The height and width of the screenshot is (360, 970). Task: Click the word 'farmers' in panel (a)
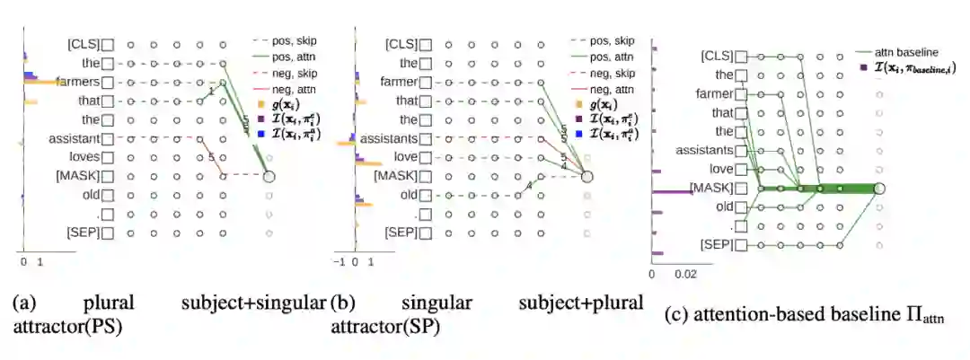(81, 82)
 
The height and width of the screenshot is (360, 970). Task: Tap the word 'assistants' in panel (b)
(388, 139)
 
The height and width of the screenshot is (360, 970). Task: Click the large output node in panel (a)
(269, 177)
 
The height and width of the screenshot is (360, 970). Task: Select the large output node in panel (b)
(586, 177)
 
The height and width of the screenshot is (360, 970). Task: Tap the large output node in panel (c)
(879, 189)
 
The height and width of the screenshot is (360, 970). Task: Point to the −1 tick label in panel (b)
(342, 262)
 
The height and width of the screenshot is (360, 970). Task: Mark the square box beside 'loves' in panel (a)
(108, 158)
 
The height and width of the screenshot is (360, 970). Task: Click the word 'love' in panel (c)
(720, 170)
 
